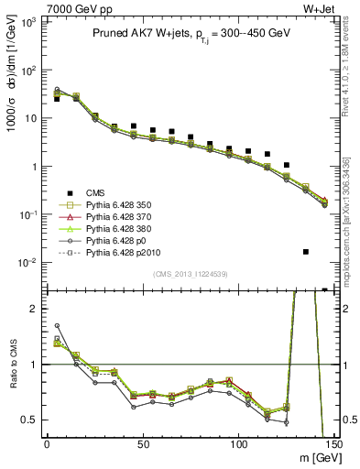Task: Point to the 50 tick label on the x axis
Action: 143,444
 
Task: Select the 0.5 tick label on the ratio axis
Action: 30,420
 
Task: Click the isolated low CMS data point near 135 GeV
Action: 306,251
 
